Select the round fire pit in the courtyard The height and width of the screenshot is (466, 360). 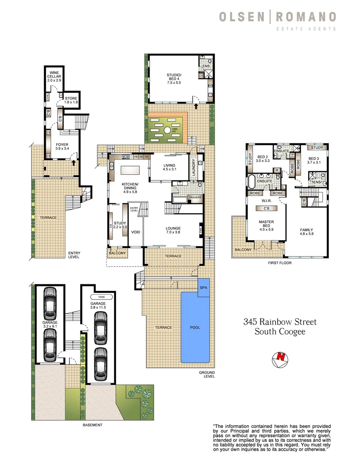[x=167, y=130]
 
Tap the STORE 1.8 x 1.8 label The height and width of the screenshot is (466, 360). [x=71, y=100]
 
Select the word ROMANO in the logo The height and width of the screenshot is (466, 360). [x=306, y=17]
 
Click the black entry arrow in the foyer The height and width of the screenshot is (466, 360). [x=73, y=163]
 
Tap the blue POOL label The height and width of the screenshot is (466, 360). [x=195, y=327]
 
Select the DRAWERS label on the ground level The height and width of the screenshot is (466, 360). [x=195, y=198]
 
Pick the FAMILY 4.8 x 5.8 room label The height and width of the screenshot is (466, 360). [x=307, y=232]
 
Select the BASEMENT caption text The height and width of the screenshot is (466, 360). [x=93, y=425]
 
